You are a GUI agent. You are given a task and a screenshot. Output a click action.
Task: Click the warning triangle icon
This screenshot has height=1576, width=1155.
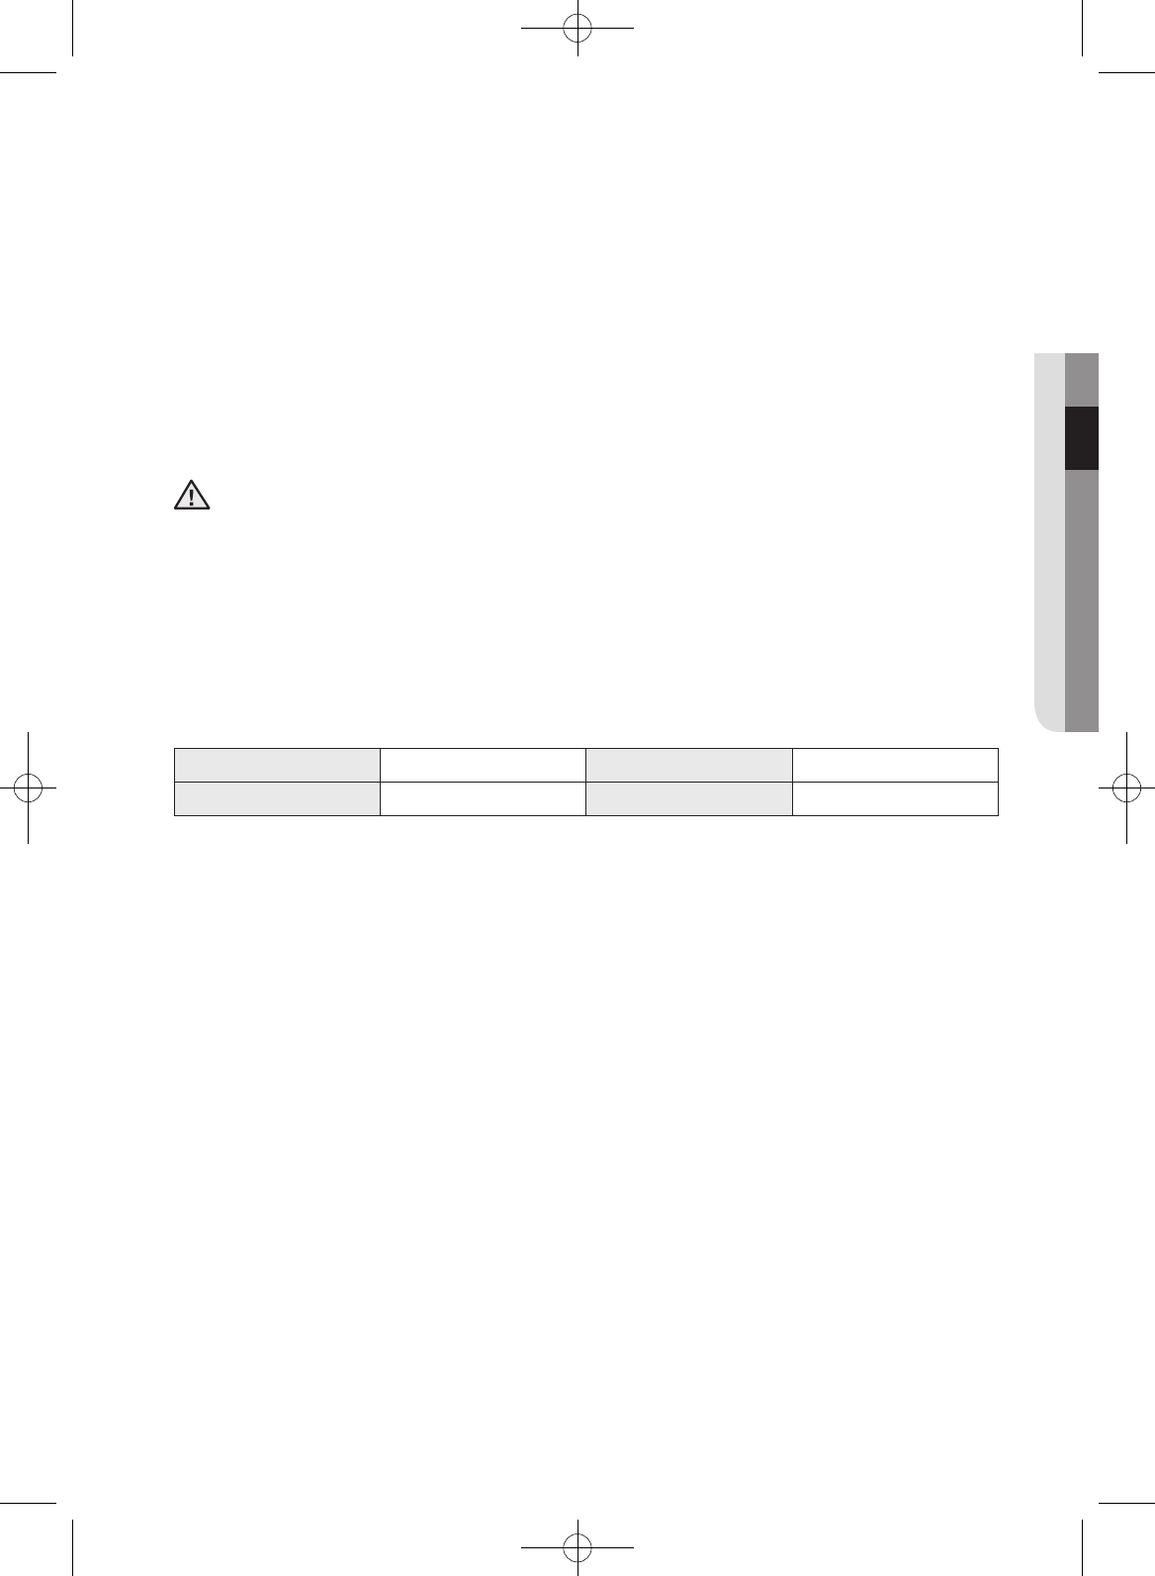point(192,495)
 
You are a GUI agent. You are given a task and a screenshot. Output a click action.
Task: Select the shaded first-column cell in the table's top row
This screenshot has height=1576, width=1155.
point(277,766)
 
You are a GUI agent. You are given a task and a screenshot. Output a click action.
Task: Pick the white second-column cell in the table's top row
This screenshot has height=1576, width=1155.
point(483,766)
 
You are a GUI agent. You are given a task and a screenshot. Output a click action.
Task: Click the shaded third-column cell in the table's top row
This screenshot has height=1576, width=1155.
point(688,766)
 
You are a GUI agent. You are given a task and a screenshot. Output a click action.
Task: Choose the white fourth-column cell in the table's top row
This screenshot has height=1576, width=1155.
point(894,766)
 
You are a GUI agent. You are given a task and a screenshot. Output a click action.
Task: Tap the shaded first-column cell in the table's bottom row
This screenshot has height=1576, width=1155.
point(277,799)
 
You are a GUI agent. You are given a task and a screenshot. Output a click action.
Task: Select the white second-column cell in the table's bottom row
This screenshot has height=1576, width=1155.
point(483,799)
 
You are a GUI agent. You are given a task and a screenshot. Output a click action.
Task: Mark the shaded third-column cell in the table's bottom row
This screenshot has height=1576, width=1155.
point(688,799)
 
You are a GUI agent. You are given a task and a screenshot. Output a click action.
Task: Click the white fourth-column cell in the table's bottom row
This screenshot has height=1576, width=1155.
point(894,799)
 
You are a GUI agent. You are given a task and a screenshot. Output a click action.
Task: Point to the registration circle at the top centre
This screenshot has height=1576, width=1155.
point(577,30)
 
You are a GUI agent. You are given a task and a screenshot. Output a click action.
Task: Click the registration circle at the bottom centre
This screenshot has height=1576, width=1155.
point(577,1545)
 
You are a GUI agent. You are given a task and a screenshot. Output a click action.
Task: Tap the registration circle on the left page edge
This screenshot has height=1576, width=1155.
point(29,787)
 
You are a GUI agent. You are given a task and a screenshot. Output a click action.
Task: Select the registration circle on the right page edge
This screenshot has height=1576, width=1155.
point(1125,787)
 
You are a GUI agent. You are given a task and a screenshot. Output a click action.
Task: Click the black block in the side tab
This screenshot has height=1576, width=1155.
point(1082,437)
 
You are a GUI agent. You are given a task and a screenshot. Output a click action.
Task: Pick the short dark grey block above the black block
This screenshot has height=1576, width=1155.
point(1082,379)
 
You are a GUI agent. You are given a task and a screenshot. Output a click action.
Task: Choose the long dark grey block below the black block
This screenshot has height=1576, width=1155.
point(1082,600)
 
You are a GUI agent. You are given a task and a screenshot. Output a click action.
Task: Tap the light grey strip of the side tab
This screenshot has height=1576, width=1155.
point(1050,534)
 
